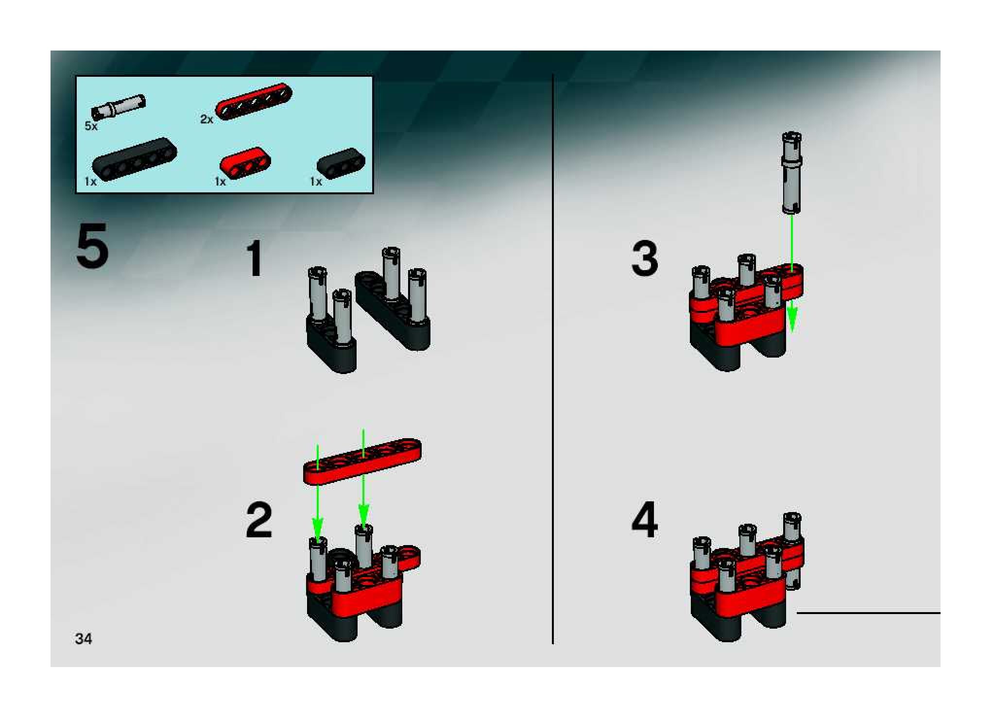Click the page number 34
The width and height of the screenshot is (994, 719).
coord(83,638)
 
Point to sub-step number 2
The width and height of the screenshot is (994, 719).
coord(259,520)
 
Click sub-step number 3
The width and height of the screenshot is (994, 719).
coord(645,259)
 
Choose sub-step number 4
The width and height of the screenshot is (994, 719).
coord(645,520)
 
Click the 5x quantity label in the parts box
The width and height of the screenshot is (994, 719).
coord(91,126)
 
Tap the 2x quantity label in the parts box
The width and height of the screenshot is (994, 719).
coord(207,119)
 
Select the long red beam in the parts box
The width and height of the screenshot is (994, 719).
coord(254,101)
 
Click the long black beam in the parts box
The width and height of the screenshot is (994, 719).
coord(135,159)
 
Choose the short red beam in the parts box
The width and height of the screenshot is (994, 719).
coord(245,162)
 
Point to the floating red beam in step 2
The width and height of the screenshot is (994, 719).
coord(362,462)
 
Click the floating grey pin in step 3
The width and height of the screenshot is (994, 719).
coord(791,174)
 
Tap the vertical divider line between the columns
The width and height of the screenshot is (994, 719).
coord(553,359)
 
